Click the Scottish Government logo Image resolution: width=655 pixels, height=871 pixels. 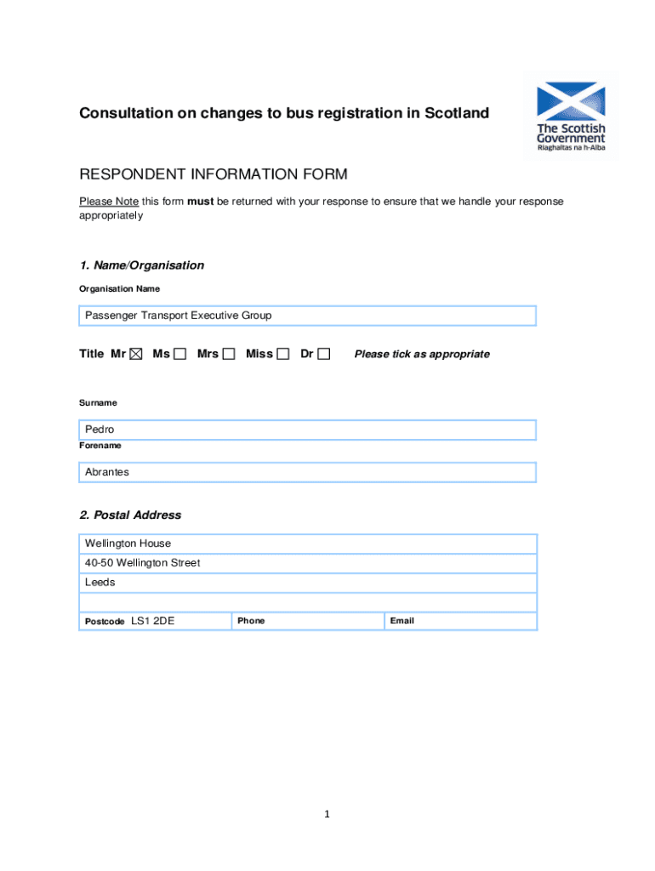click(x=571, y=117)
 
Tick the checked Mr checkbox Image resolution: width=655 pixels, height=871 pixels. click(x=136, y=354)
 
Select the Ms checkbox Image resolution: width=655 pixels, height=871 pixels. click(x=179, y=354)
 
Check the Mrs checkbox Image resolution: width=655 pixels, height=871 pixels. click(x=229, y=354)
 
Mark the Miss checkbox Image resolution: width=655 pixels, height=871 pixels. click(x=283, y=354)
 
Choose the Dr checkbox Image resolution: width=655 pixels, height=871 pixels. click(x=324, y=354)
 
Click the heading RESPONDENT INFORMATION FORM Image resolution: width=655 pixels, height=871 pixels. click(x=214, y=175)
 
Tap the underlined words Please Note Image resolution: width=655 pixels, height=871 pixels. click(x=109, y=202)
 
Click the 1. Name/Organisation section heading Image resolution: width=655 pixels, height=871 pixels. click(x=142, y=265)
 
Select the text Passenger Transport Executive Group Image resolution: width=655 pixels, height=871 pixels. click(x=179, y=316)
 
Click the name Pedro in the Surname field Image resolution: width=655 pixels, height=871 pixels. click(x=100, y=430)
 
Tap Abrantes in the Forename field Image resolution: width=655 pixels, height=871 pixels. click(x=107, y=472)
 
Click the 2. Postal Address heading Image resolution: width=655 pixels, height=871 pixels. click(x=130, y=515)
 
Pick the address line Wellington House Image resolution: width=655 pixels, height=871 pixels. click(x=128, y=544)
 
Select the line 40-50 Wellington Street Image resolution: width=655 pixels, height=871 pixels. click(x=143, y=563)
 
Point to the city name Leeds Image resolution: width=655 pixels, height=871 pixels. click(x=100, y=583)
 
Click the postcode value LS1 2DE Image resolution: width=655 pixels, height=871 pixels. click(x=153, y=621)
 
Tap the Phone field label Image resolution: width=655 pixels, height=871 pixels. click(x=251, y=621)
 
